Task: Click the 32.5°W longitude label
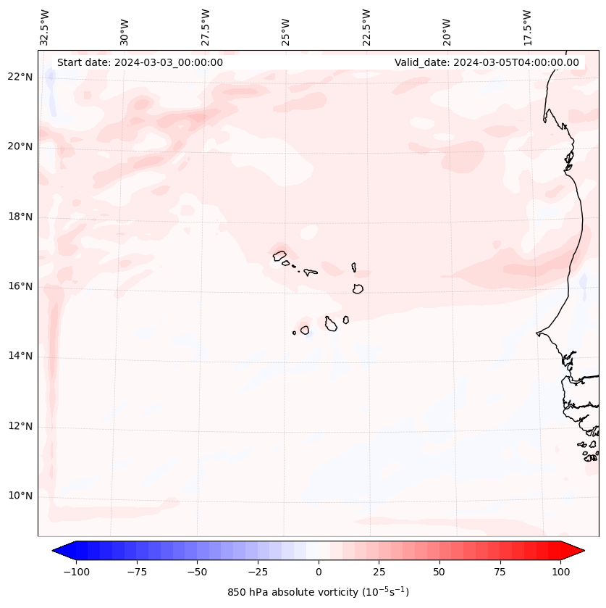point(45,28)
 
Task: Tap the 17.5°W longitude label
point(527,28)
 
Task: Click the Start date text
point(140,62)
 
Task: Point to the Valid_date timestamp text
point(487,62)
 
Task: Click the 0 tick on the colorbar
point(319,572)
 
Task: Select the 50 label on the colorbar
point(439,572)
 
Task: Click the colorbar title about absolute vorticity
point(319,592)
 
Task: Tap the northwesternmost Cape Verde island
point(279,255)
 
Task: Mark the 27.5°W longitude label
point(206,28)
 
